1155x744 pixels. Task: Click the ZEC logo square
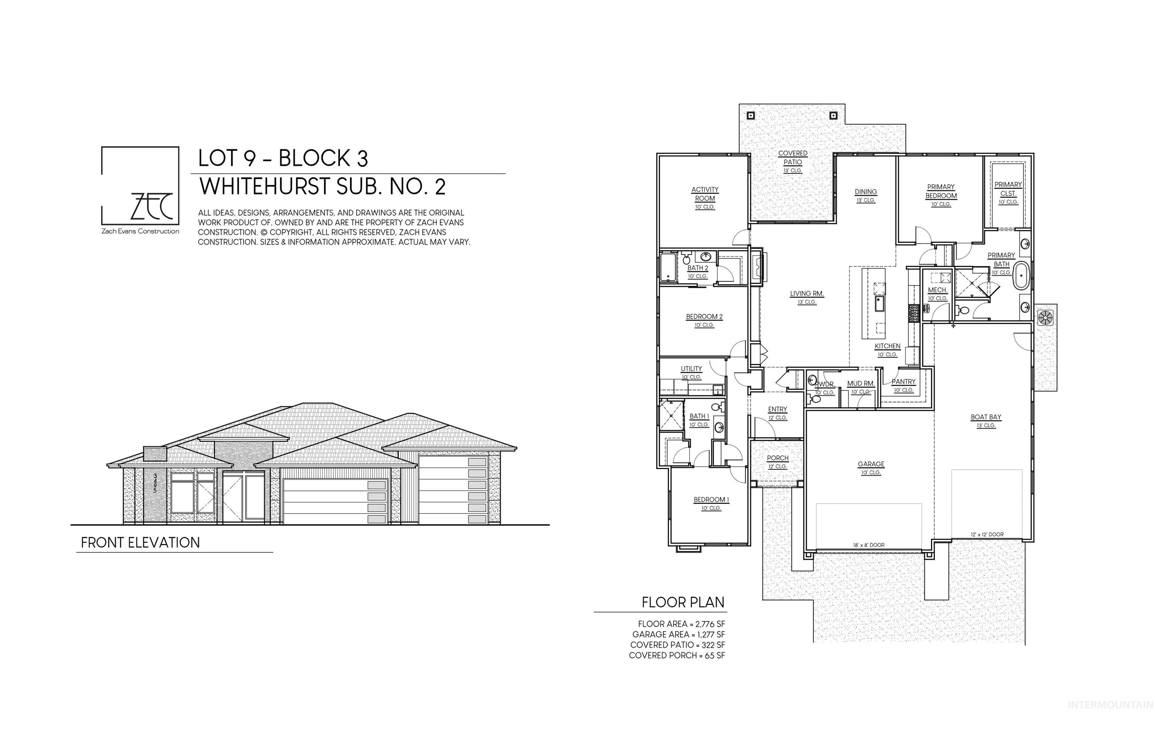[140, 186]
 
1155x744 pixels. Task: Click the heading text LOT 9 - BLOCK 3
[283, 158]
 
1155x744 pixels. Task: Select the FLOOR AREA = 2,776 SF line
[681, 624]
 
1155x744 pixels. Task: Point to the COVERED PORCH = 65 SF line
[676, 656]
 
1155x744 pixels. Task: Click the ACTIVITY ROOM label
[705, 194]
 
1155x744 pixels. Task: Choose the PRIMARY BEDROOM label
[941, 191]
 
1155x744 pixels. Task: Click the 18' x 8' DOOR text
[868, 545]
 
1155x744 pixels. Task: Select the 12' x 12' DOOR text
[987, 535]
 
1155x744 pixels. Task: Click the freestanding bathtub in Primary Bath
[1021, 276]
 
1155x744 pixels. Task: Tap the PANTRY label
[903, 382]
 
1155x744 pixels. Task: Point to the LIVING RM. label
[806, 294]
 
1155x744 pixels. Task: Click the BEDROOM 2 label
[704, 317]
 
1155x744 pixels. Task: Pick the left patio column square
[750, 116]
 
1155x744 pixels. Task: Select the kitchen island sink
[878, 304]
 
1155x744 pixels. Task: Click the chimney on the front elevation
[155, 454]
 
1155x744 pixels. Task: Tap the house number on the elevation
[155, 483]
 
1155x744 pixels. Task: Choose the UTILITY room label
[691, 369]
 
